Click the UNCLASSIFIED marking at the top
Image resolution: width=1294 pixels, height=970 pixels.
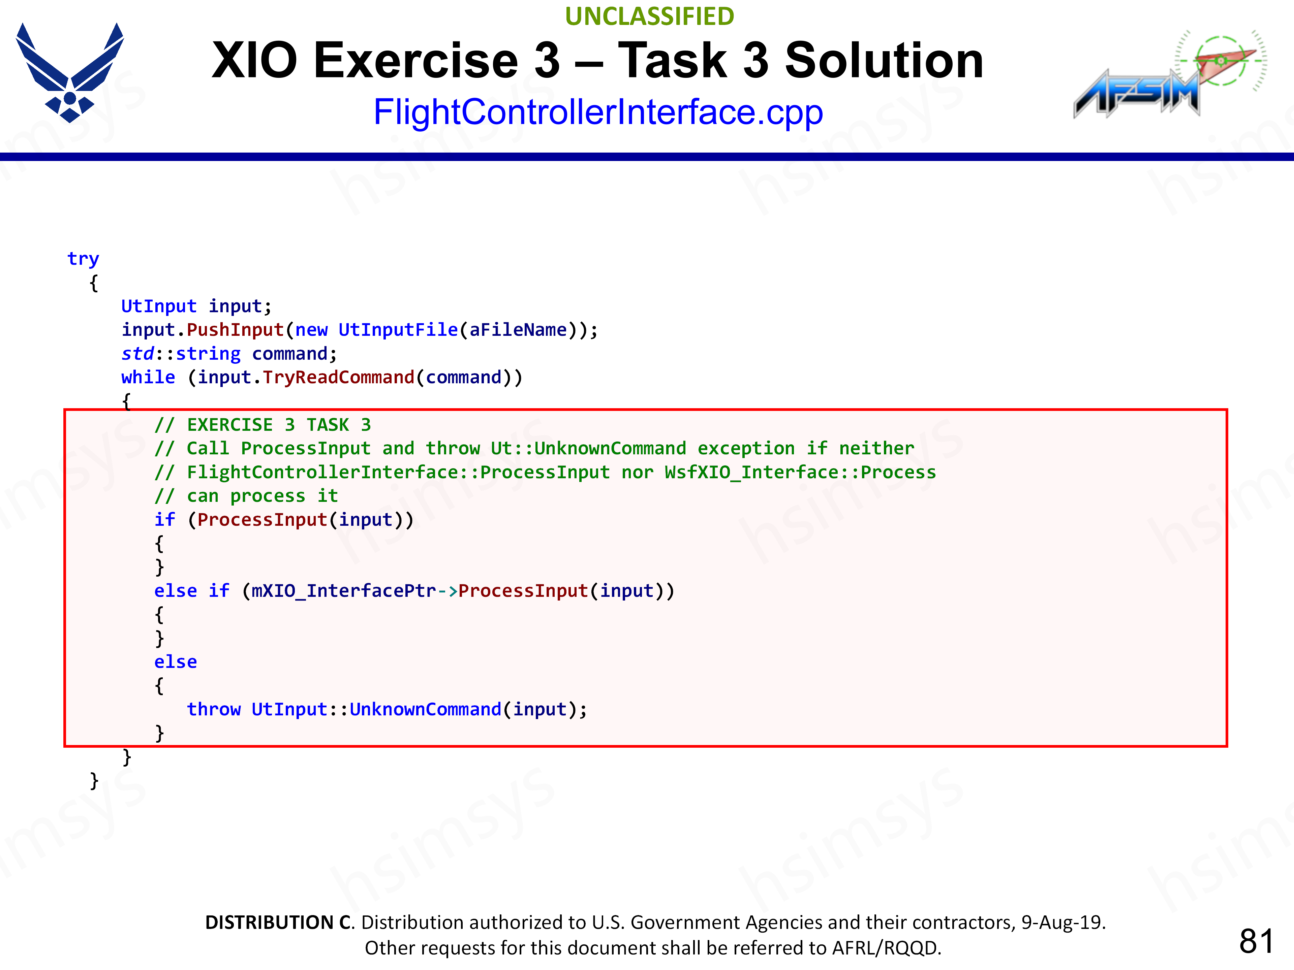(x=649, y=17)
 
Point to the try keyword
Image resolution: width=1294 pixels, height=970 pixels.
(x=83, y=258)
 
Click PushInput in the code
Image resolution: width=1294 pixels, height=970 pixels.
(x=235, y=330)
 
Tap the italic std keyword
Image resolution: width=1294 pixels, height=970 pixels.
(x=137, y=354)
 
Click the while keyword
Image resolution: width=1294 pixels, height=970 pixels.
(x=148, y=377)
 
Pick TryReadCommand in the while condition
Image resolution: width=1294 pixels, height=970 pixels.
(x=339, y=377)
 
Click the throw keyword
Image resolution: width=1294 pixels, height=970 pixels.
(x=214, y=709)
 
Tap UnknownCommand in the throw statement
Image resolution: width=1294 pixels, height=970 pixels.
(x=425, y=709)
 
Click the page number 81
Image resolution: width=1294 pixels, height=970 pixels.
(x=1256, y=941)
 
